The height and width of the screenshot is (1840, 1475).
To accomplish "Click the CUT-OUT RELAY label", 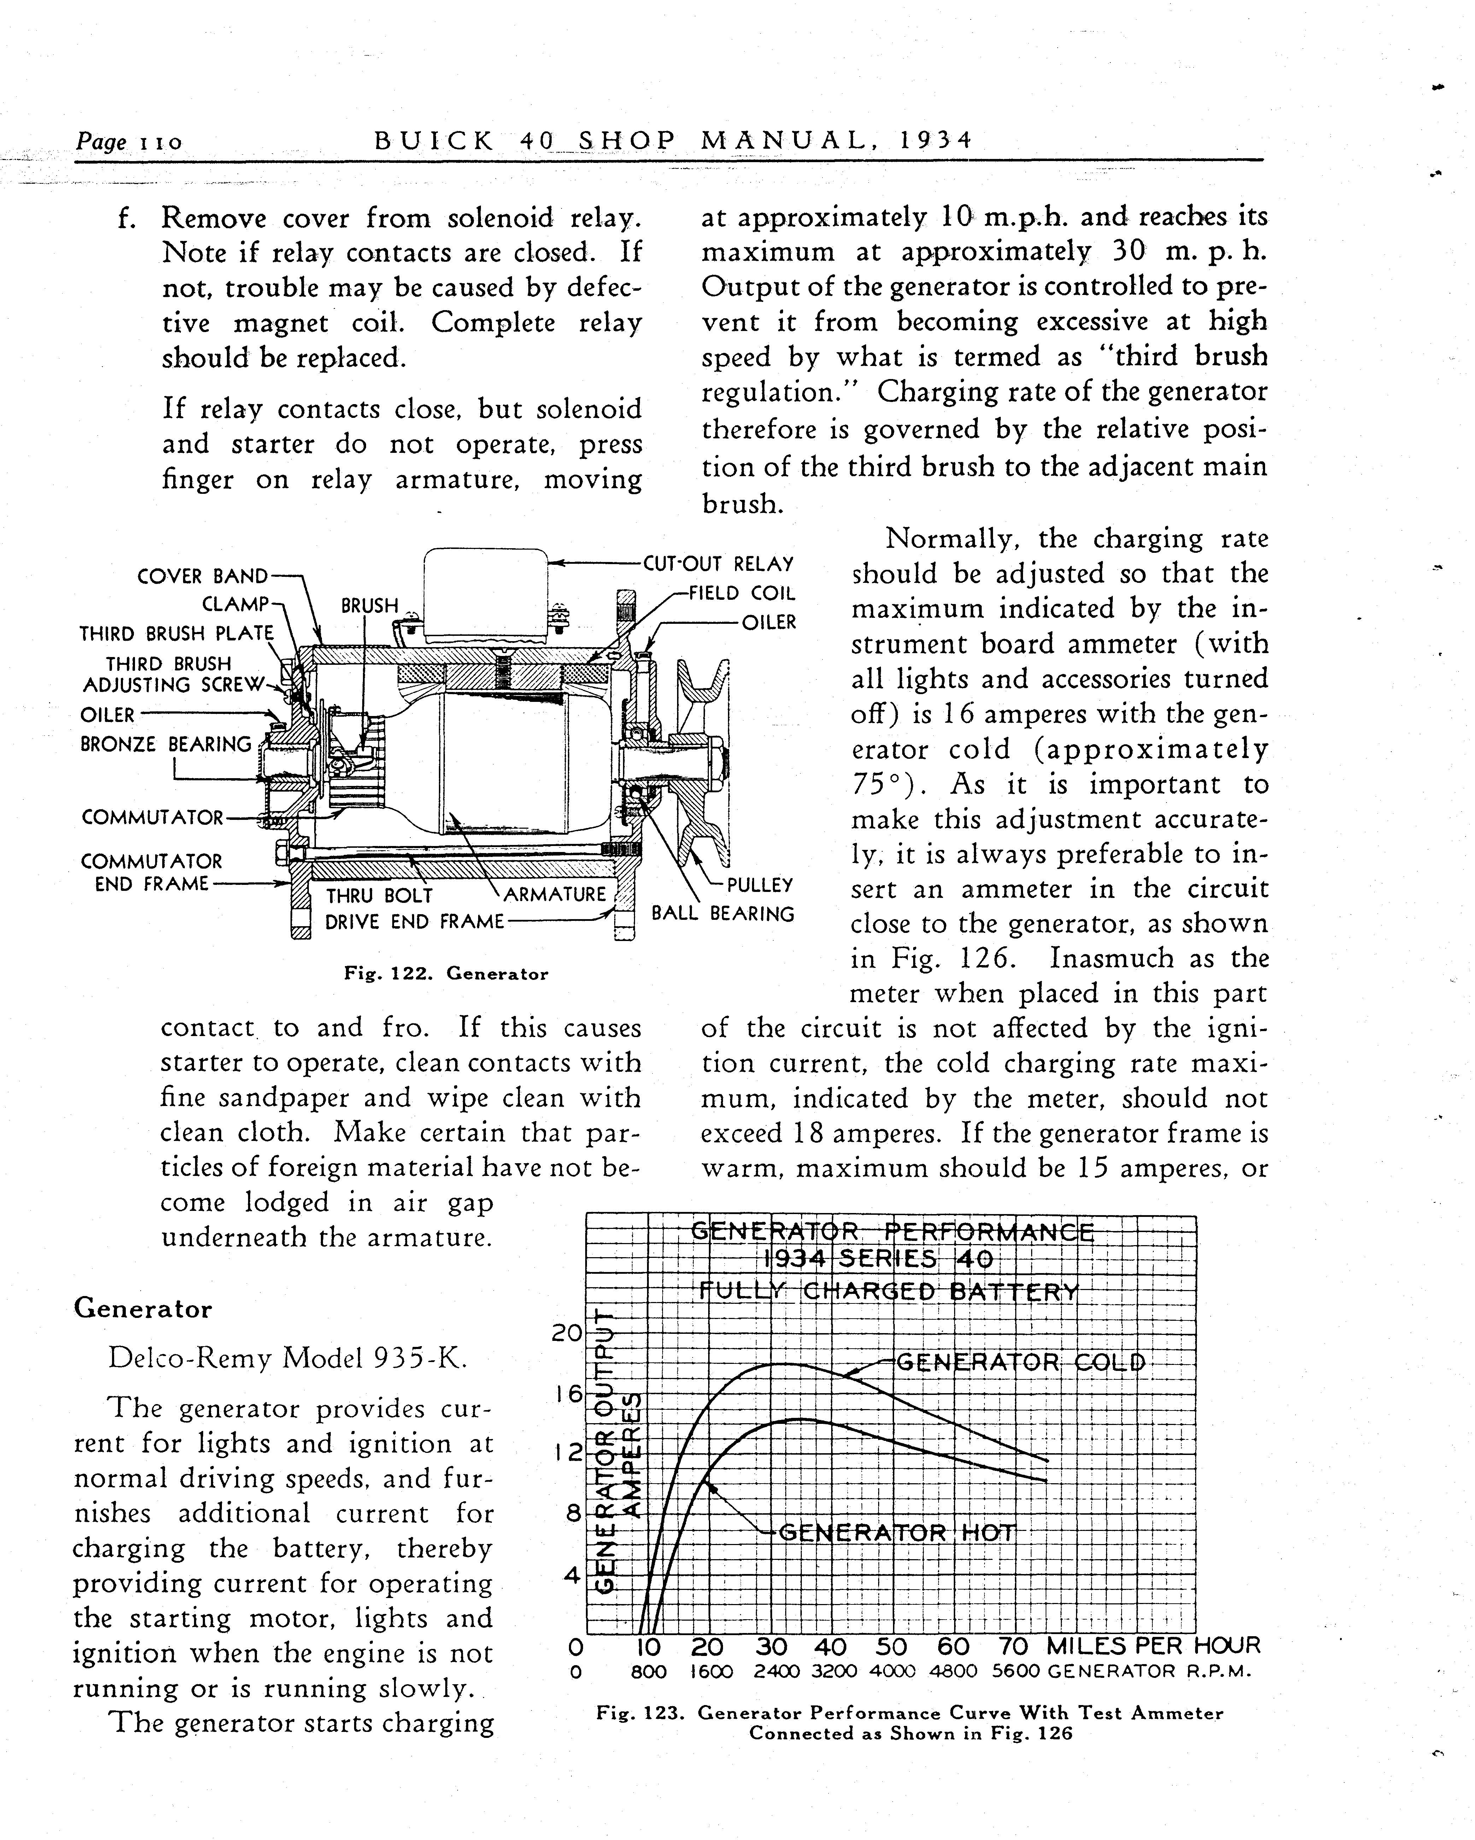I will coord(718,564).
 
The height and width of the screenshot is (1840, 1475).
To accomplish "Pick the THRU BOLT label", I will coord(379,896).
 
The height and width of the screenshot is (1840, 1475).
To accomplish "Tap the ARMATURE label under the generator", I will coord(555,894).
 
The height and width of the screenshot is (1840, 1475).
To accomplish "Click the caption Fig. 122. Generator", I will coord(446,974).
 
